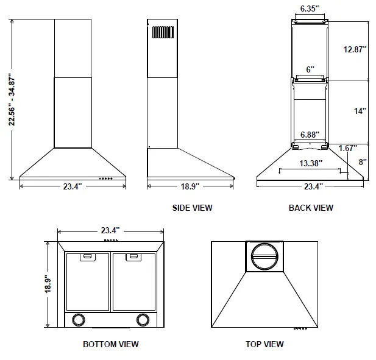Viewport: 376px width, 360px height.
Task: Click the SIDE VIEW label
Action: (192, 208)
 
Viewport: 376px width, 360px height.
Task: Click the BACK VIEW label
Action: (311, 208)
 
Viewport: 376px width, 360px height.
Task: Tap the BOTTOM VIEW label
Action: (111, 344)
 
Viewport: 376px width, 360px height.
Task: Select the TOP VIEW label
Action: (264, 344)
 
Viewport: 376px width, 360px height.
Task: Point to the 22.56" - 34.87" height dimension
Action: (12, 99)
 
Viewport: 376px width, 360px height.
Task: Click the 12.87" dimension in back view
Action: (354, 50)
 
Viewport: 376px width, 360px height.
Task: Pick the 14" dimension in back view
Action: (360, 111)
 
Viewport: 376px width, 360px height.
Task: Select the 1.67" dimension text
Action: (348, 148)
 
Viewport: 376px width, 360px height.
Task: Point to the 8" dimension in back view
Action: (361, 162)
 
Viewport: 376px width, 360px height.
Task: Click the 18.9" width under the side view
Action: (191, 186)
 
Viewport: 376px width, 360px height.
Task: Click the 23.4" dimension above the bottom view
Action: (110, 230)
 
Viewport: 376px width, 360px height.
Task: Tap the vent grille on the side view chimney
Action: (163, 33)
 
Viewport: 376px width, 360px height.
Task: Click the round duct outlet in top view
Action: (264, 256)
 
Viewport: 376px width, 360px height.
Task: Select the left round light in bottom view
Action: (78, 319)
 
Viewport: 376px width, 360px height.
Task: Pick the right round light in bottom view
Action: (143, 319)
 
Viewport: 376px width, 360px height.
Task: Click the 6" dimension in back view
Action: (310, 69)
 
